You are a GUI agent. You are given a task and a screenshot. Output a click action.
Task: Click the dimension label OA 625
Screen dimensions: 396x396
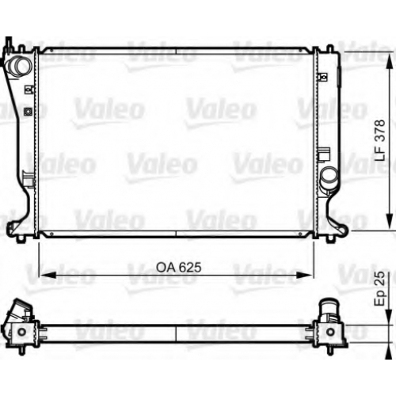tap(179, 267)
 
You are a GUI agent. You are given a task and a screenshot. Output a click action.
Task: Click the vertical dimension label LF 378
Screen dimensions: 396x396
tap(380, 140)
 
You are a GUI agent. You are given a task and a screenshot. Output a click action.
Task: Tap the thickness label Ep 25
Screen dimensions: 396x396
tap(380, 288)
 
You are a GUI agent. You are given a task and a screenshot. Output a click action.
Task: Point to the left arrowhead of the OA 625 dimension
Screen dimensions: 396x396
tap(48, 275)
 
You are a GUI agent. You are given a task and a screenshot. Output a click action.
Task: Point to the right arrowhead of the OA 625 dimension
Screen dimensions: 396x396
tap(305, 275)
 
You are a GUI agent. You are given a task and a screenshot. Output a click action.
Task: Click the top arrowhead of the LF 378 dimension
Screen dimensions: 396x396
tap(389, 62)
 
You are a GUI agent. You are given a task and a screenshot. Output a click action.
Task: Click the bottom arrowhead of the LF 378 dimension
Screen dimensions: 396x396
tap(389, 221)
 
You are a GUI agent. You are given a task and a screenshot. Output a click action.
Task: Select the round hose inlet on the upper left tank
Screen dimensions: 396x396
tap(20, 67)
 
